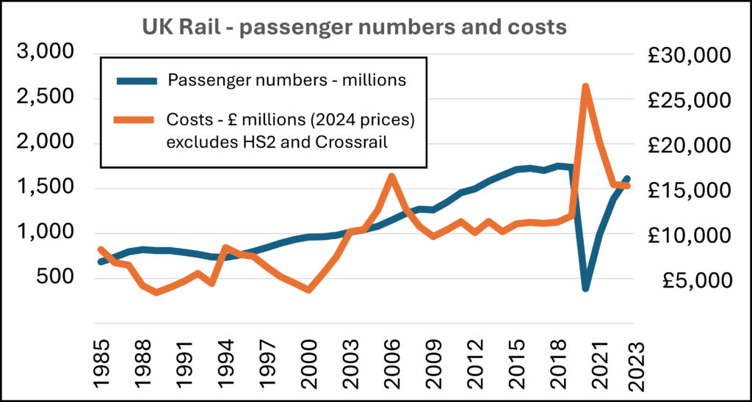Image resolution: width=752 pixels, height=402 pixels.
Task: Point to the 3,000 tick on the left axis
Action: [46, 52]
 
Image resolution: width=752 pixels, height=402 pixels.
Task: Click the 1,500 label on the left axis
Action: [46, 188]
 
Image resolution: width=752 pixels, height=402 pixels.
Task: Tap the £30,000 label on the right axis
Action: [693, 56]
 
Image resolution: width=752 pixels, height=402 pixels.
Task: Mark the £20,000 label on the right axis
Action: [693, 146]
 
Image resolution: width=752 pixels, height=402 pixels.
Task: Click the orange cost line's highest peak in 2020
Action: [585, 87]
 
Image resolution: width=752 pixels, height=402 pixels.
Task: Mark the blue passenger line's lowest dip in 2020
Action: [585, 288]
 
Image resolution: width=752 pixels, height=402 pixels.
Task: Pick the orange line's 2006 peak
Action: [392, 177]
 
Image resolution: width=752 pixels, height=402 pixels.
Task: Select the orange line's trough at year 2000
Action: [309, 289]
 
